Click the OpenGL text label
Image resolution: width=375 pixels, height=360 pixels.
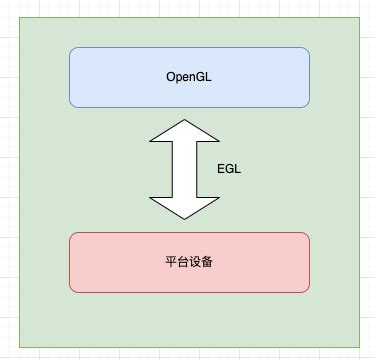coord(189,77)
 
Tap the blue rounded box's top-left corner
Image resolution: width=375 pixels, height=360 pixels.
coord(72,50)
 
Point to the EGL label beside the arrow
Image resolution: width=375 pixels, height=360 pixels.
coord(229,169)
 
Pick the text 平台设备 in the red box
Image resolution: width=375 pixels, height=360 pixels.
coord(189,262)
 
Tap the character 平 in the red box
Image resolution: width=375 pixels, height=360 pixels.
coord(171,262)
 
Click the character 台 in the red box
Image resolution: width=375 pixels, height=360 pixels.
coord(183,262)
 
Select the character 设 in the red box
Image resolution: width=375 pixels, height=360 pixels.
coord(195,262)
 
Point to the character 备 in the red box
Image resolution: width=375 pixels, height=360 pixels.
coord(207,262)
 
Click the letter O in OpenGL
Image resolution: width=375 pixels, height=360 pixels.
coord(171,77)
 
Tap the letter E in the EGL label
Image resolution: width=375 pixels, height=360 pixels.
coord(221,169)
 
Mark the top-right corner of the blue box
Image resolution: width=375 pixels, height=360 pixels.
coord(307,50)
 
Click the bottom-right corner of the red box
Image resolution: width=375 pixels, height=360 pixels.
coord(307,290)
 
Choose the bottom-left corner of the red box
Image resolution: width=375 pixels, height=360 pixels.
coord(72,290)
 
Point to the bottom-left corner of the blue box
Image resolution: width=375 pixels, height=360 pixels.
coord(72,104)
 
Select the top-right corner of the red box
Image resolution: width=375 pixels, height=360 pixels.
coord(307,235)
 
